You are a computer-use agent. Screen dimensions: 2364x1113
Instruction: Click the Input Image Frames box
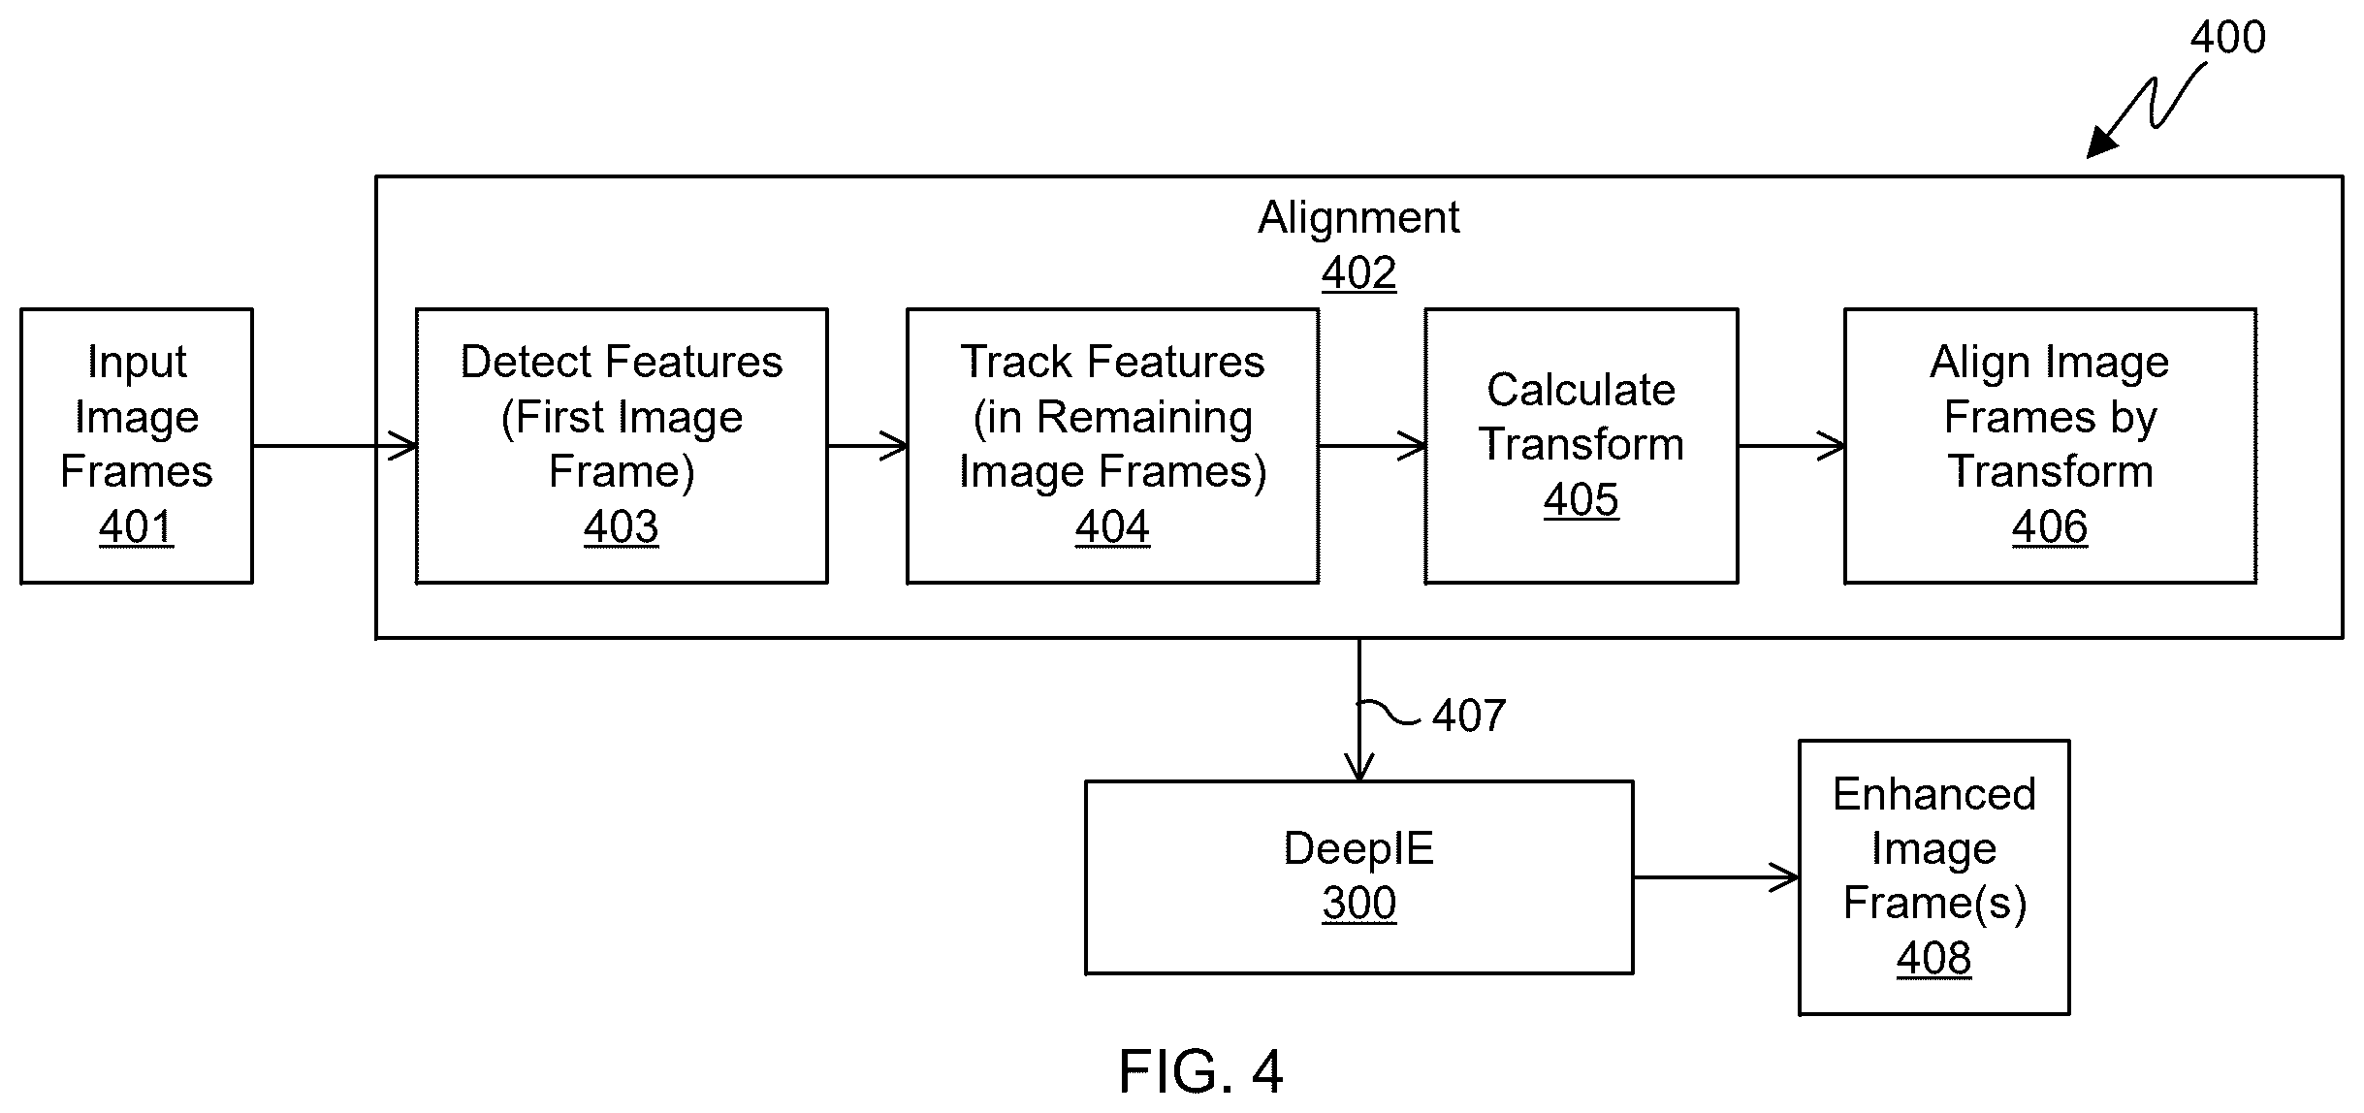(x=137, y=446)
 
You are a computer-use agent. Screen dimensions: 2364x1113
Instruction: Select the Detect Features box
(x=622, y=446)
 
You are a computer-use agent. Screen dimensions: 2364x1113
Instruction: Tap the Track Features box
(x=1112, y=446)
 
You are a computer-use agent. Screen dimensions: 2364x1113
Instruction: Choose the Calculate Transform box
(x=1581, y=446)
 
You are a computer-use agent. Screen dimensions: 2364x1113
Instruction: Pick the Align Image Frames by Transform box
(x=2050, y=446)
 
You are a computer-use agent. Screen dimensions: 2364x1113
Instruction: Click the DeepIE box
(x=1358, y=877)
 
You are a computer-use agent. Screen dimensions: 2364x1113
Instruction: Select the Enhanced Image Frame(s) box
(x=1933, y=877)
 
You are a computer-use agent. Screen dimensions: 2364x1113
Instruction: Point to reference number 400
(x=2227, y=37)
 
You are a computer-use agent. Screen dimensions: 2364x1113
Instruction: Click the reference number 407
(x=1469, y=715)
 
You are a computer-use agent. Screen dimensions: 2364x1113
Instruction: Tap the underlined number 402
(x=1358, y=273)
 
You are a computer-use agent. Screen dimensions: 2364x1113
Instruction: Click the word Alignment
(x=1358, y=217)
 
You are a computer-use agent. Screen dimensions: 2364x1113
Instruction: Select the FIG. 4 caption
(x=1200, y=1071)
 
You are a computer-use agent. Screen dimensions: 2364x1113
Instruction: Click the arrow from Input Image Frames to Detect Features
(x=335, y=446)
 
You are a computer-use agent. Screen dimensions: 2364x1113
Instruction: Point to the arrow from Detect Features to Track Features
(x=868, y=446)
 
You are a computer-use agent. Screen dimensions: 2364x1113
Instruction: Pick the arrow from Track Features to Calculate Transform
(x=1372, y=446)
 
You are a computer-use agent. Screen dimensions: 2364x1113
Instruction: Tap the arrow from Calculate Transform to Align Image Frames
(x=1791, y=446)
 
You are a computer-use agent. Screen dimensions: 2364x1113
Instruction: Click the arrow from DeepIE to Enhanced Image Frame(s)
(x=1716, y=877)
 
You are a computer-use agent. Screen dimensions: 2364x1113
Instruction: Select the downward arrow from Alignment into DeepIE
(x=1359, y=710)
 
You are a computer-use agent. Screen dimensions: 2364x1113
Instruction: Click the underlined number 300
(x=1358, y=904)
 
